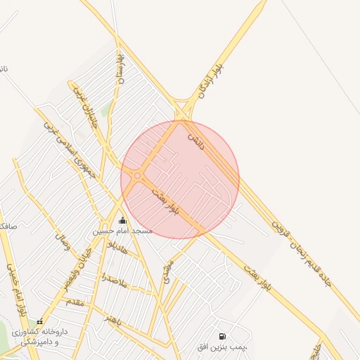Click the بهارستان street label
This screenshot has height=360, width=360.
pyautogui.click(x=120, y=69)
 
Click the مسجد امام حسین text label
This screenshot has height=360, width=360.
pyautogui.click(x=123, y=231)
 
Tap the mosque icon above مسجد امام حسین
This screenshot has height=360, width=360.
pyautogui.click(x=123, y=221)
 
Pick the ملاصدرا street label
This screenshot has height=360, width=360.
pyautogui.click(x=112, y=281)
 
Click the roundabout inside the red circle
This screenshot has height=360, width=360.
pyautogui.click(x=138, y=176)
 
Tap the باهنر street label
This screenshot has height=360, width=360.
pyautogui.click(x=114, y=321)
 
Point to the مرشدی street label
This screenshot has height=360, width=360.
pyautogui.click(x=167, y=271)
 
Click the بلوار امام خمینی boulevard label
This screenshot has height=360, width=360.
pyautogui.click(x=16, y=288)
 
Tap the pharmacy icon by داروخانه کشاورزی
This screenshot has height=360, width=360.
pyautogui.click(x=39, y=321)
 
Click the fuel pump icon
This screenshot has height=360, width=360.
pyautogui.click(x=222, y=337)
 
